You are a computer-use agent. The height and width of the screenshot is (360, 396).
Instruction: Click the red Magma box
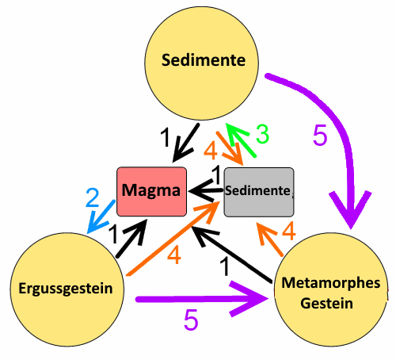152,191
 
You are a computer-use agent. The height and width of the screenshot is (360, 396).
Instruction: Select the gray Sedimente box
259,192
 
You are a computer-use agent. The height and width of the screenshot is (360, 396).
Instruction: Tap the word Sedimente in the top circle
204,60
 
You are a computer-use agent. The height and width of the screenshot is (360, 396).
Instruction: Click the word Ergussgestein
66,289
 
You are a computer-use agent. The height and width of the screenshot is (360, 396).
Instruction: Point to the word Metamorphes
331,283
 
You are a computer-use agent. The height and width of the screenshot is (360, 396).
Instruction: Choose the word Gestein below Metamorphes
327,303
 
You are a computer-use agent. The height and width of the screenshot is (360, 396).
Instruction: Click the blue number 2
93,197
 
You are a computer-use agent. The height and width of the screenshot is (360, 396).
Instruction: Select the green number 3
263,134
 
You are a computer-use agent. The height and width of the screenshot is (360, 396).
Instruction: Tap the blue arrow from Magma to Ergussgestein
101,216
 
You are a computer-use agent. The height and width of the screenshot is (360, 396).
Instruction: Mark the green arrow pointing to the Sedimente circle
241,140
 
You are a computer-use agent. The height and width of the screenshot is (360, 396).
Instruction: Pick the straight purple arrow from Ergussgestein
202,299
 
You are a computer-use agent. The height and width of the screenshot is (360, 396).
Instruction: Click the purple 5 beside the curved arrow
320,135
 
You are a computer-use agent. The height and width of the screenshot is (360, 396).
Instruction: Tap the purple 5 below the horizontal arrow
191,320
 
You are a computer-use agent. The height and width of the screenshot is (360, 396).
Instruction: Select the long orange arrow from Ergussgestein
173,238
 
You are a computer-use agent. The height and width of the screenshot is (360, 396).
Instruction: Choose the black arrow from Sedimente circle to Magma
185,143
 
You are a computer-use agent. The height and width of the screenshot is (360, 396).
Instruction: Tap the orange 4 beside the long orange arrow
174,255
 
